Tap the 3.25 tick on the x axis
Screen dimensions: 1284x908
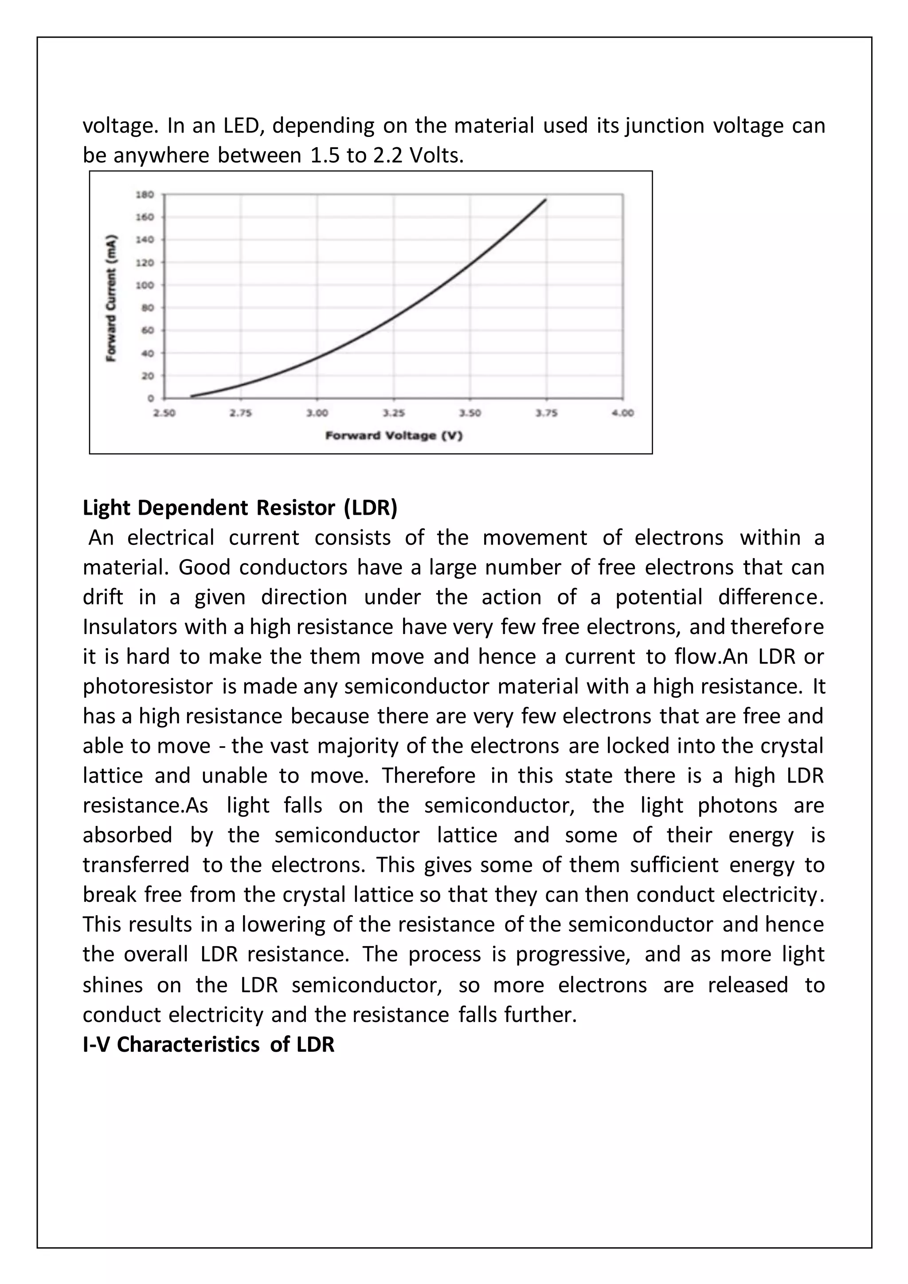394,413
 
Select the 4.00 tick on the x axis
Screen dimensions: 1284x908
623,413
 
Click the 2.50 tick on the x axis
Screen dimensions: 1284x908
164,413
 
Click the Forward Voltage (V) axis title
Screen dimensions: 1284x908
394,436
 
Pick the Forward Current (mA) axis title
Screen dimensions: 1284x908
112,298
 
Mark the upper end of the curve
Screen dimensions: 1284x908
546,199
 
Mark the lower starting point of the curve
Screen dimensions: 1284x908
191,396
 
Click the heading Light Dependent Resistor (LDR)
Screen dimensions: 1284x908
240,508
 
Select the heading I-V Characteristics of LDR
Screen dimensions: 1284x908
208,1044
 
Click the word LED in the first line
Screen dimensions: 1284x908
242,125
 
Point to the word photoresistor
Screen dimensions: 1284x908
148,686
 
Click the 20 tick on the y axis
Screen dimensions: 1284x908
148,376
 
